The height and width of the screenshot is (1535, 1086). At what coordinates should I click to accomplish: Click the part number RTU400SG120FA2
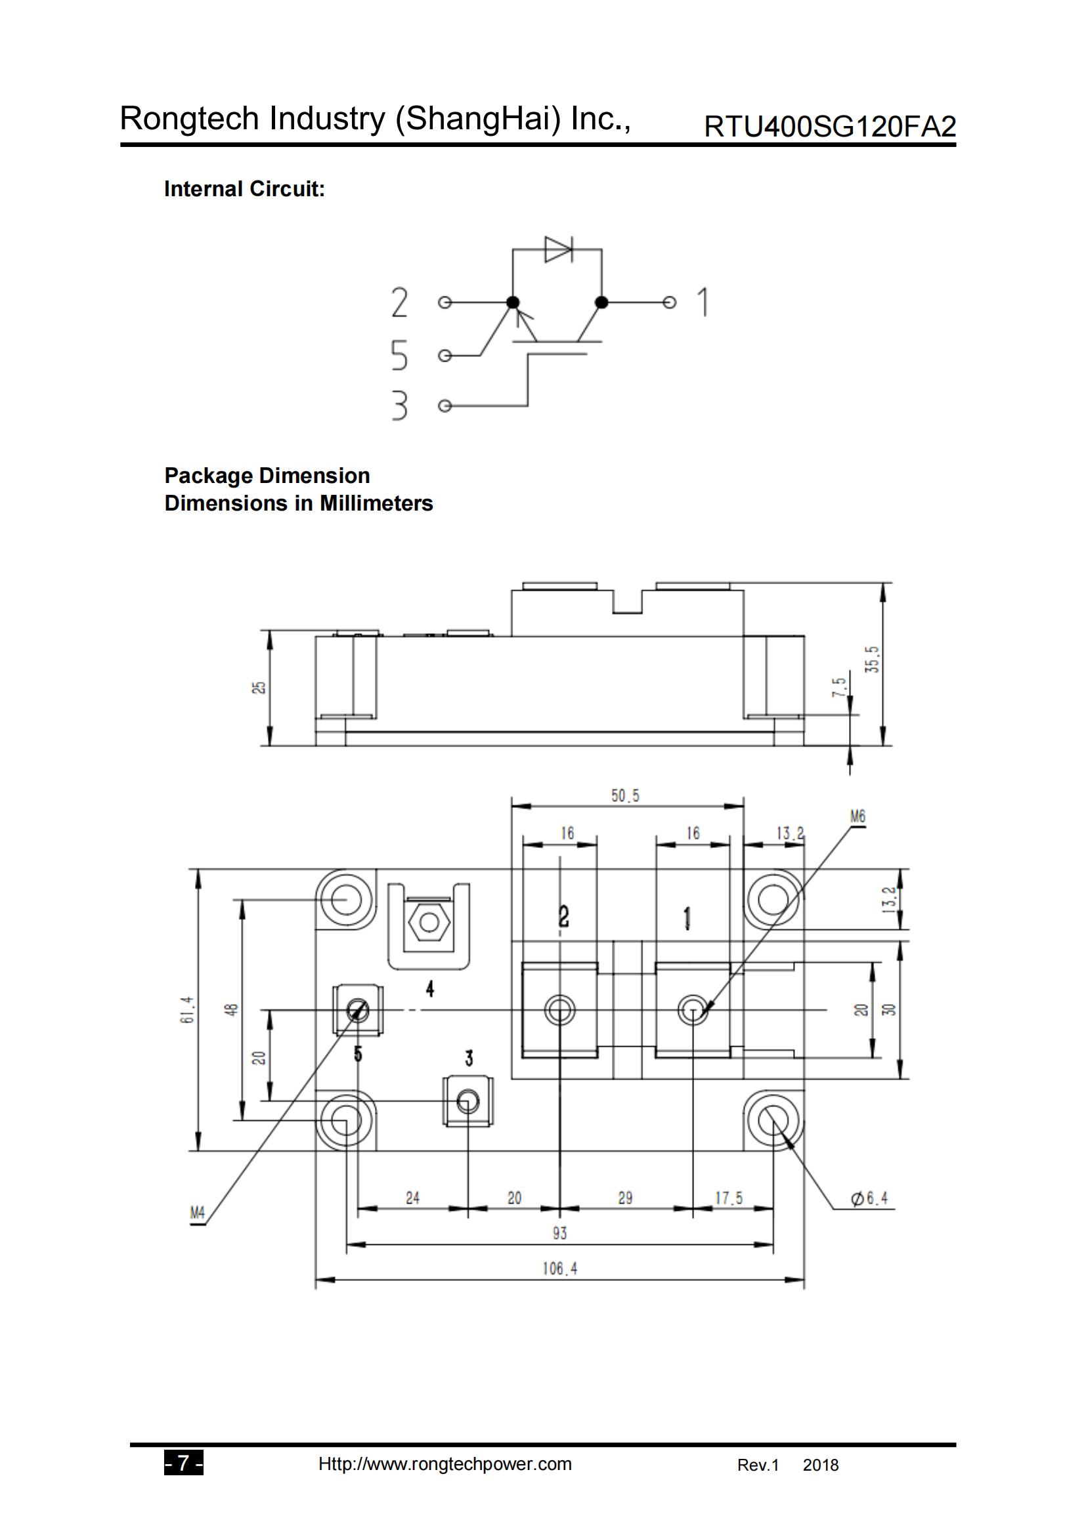click(x=829, y=127)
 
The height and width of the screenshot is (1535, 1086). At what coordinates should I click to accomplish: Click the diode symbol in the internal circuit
click(x=558, y=249)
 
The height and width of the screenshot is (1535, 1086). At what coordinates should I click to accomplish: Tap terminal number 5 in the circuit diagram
click(x=399, y=355)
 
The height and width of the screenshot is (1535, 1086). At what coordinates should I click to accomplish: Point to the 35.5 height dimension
click(x=872, y=659)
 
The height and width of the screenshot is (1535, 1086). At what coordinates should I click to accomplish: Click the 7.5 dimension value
click(x=838, y=686)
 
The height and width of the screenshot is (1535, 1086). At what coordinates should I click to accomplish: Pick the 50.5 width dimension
click(x=625, y=795)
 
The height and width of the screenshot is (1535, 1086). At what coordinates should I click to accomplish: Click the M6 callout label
click(x=858, y=816)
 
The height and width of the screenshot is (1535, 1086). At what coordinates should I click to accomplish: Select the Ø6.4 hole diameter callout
click(x=869, y=1198)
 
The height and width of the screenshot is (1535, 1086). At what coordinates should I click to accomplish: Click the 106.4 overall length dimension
click(x=559, y=1269)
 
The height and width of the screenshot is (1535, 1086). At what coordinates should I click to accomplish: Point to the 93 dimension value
click(x=559, y=1233)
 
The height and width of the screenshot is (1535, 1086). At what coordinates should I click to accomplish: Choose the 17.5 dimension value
click(x=729, y=1198)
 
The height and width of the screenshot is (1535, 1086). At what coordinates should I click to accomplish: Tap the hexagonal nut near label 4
click(x=429, y=923)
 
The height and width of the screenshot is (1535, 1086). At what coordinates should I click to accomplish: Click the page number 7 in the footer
click(x=183, y=1464)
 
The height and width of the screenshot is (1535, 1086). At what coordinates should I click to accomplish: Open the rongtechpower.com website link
click(x=445, y=1464)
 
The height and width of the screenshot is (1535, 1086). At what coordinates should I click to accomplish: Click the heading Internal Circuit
click(x=244, y=189)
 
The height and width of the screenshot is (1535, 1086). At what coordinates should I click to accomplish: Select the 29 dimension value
click(x=625, y=1198)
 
